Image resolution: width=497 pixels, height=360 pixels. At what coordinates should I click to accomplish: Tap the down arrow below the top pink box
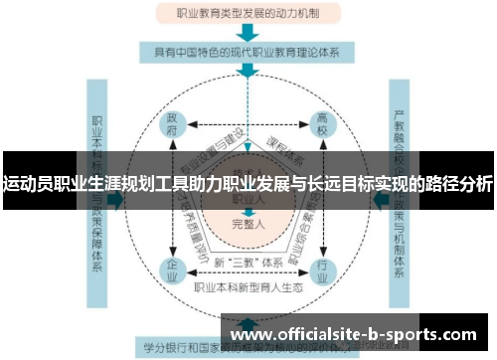[247, 31]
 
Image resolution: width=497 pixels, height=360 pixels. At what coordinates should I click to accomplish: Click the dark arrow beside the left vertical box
[116, 198]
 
